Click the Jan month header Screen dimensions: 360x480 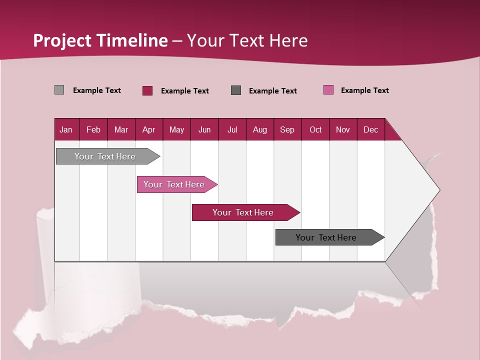point(66,129)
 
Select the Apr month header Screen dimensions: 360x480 point(148,129)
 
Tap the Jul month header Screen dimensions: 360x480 point(232,129)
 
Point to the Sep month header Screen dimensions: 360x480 point(287,129)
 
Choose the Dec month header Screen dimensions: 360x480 point(370,129)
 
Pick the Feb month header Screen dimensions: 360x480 point(93,129)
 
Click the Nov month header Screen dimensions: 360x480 point(342,129)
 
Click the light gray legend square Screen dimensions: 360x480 point(59,90)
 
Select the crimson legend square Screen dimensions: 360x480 point(147,90)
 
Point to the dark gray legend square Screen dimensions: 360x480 point(236,90)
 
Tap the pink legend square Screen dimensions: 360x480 point(328,90)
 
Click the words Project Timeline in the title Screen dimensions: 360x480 point(100,40)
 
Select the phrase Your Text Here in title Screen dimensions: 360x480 point(247,40)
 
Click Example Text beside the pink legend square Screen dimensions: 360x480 point(364,90)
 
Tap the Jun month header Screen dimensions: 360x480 point(204,129)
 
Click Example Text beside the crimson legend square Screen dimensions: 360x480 point(184,91)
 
